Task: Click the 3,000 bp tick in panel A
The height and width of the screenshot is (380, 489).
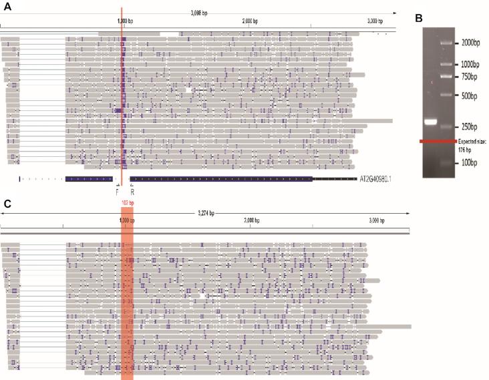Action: [x=379, y=21]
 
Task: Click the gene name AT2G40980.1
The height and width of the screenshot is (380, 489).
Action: [x=378, y=180]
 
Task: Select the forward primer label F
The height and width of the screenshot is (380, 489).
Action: [x=118, y=191]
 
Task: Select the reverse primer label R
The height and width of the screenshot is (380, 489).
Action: [x=132, y=191]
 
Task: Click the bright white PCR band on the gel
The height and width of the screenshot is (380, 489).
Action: [x=430, y=122]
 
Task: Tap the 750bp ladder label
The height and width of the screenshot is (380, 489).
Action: [x=468, y=77]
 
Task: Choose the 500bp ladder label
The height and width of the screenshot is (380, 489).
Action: [x=468, y=96]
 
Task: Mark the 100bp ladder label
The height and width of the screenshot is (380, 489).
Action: [x=468, y=163]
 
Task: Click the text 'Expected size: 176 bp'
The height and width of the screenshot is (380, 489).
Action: [x=472, y=146]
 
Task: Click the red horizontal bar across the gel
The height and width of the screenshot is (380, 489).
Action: [x=438, y=141]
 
